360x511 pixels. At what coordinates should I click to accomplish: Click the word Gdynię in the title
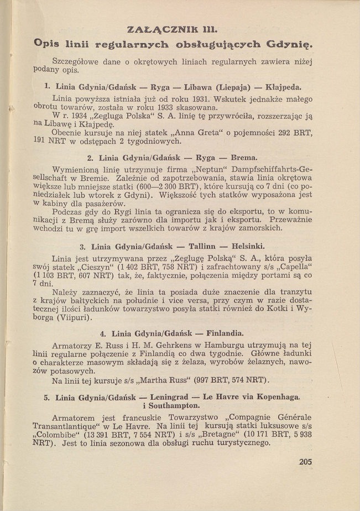[289, 43]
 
